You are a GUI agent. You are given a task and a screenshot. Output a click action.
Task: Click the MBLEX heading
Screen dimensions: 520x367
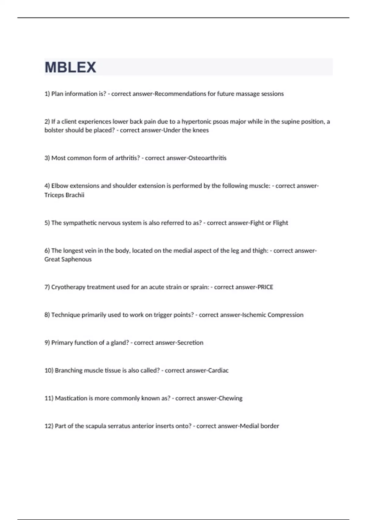point(70,67)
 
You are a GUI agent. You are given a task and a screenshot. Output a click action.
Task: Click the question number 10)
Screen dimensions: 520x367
point(49,371)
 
